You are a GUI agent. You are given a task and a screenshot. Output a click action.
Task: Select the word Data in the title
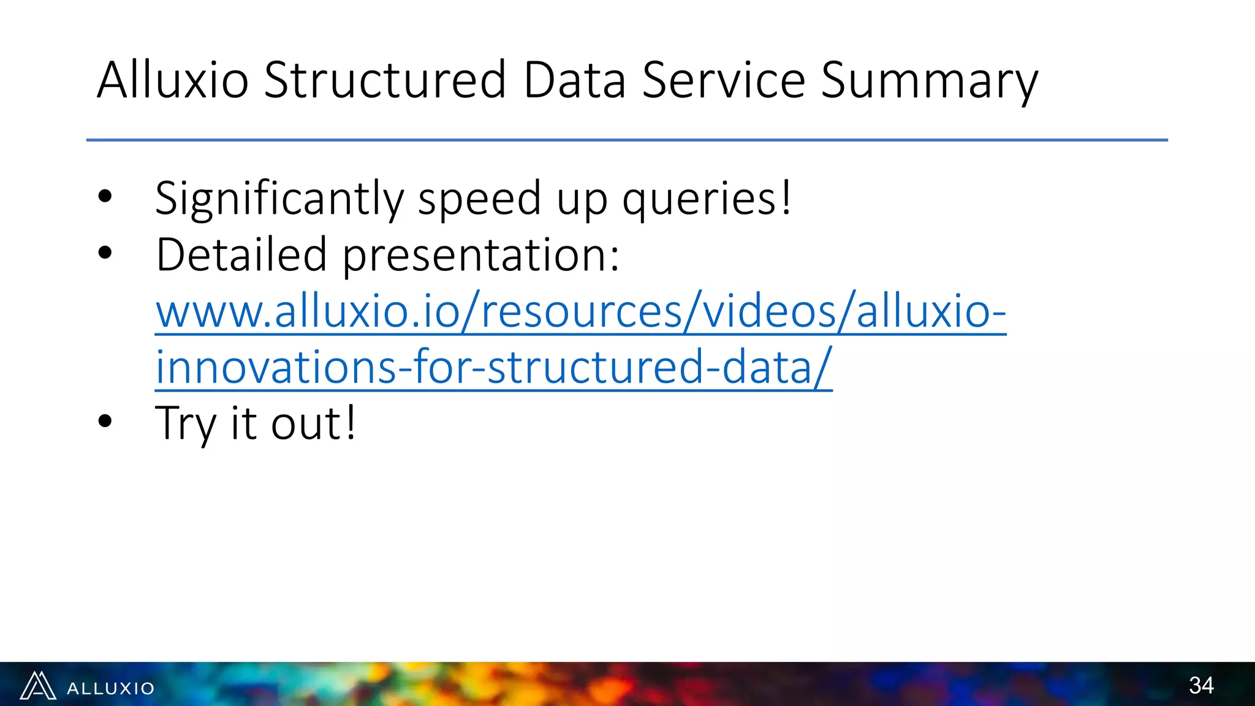point(575,80)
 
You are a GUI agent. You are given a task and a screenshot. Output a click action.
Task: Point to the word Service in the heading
point(723,80)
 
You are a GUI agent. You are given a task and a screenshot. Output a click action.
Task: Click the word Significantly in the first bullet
point(279,199)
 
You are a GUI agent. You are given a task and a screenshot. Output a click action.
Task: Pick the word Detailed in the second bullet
point(241,254)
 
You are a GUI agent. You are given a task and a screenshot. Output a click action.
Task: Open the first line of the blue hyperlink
point(580,311)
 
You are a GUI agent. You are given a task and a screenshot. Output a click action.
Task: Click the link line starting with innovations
point(493,366)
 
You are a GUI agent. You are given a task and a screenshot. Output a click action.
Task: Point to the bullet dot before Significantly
point(105,196)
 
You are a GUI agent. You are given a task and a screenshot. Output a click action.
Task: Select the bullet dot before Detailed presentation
point(105,252)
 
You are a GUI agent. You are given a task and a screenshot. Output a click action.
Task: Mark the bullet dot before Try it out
point(105,421)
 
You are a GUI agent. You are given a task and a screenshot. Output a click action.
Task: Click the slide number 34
point(1201,685)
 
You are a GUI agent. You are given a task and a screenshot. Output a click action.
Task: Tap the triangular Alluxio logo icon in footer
point(38,686)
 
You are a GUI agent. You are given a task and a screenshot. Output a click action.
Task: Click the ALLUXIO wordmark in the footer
point(111,688)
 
